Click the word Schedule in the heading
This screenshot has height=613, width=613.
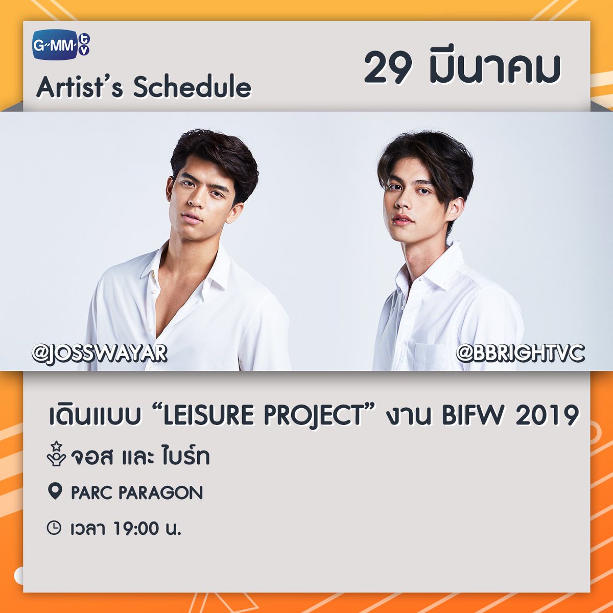tap(192, 87)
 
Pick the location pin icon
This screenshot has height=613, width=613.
tap(54, 492)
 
